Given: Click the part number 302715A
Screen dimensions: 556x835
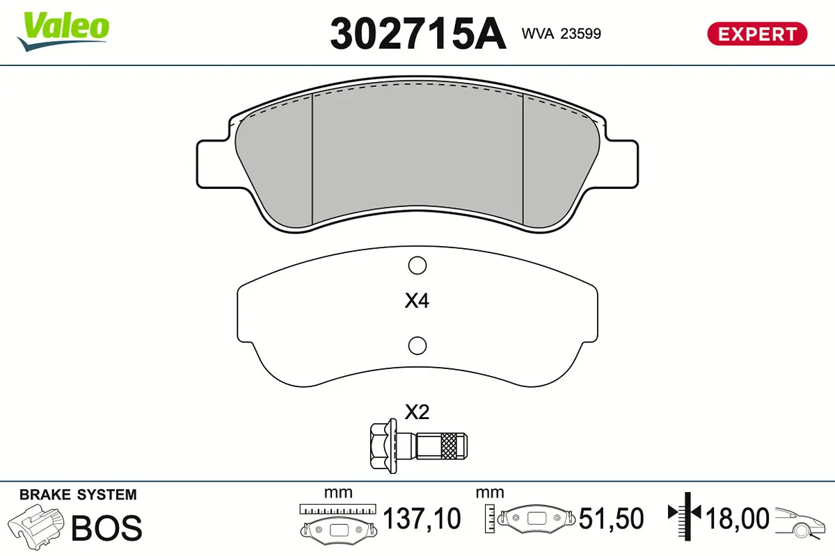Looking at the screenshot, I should coord(417,33).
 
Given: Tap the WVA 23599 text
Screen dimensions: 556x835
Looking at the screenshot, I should coord(561,33).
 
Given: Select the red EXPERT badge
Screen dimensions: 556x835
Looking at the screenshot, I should coord(757,33).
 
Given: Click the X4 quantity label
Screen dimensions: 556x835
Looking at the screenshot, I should coord(417,302).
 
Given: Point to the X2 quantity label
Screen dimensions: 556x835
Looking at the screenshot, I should coord(417,412).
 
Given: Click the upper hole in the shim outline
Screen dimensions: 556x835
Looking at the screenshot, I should coord(417,265).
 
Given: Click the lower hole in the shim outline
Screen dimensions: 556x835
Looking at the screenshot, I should coord(417,344).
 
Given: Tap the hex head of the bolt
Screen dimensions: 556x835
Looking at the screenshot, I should coord(380,443).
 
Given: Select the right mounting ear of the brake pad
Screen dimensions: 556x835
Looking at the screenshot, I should coord(623,163).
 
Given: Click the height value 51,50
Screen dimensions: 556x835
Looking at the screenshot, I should coord(611,518).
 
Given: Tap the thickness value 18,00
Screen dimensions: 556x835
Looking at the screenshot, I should coord(738,518).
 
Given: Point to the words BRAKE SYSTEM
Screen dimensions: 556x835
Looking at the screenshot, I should coord(78,495).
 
